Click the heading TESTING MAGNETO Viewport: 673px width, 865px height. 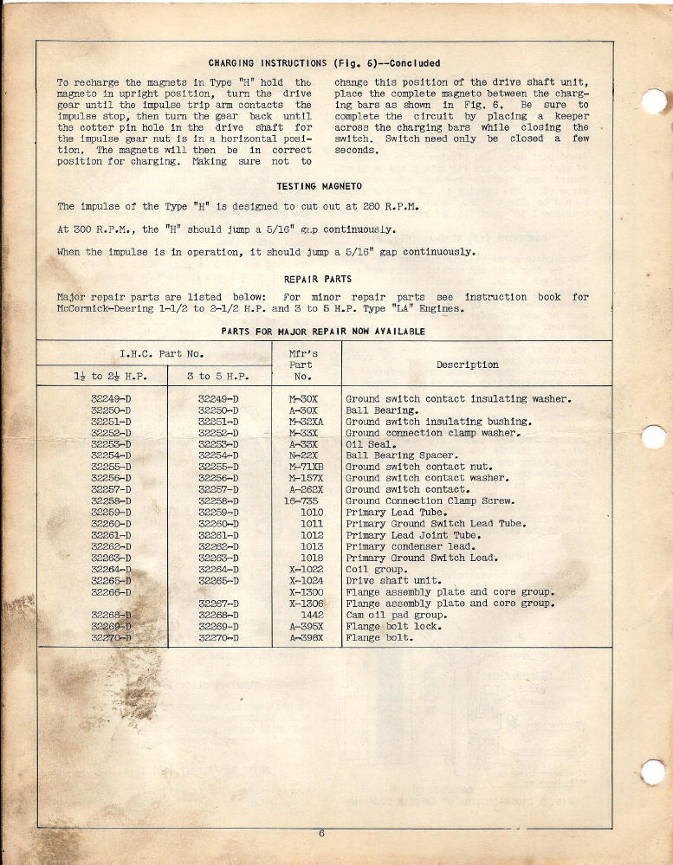click(318, 186)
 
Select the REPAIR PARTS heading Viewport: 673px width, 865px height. click(318, 279)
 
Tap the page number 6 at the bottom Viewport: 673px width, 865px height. click(320, 835)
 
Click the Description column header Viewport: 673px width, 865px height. click(467, 365)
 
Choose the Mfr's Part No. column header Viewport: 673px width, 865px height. click(302, 365)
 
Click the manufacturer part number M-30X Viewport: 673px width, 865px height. click(304, 399)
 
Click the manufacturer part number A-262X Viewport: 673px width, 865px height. click(305, 490)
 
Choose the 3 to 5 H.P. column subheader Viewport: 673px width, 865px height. click(218, 377)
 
